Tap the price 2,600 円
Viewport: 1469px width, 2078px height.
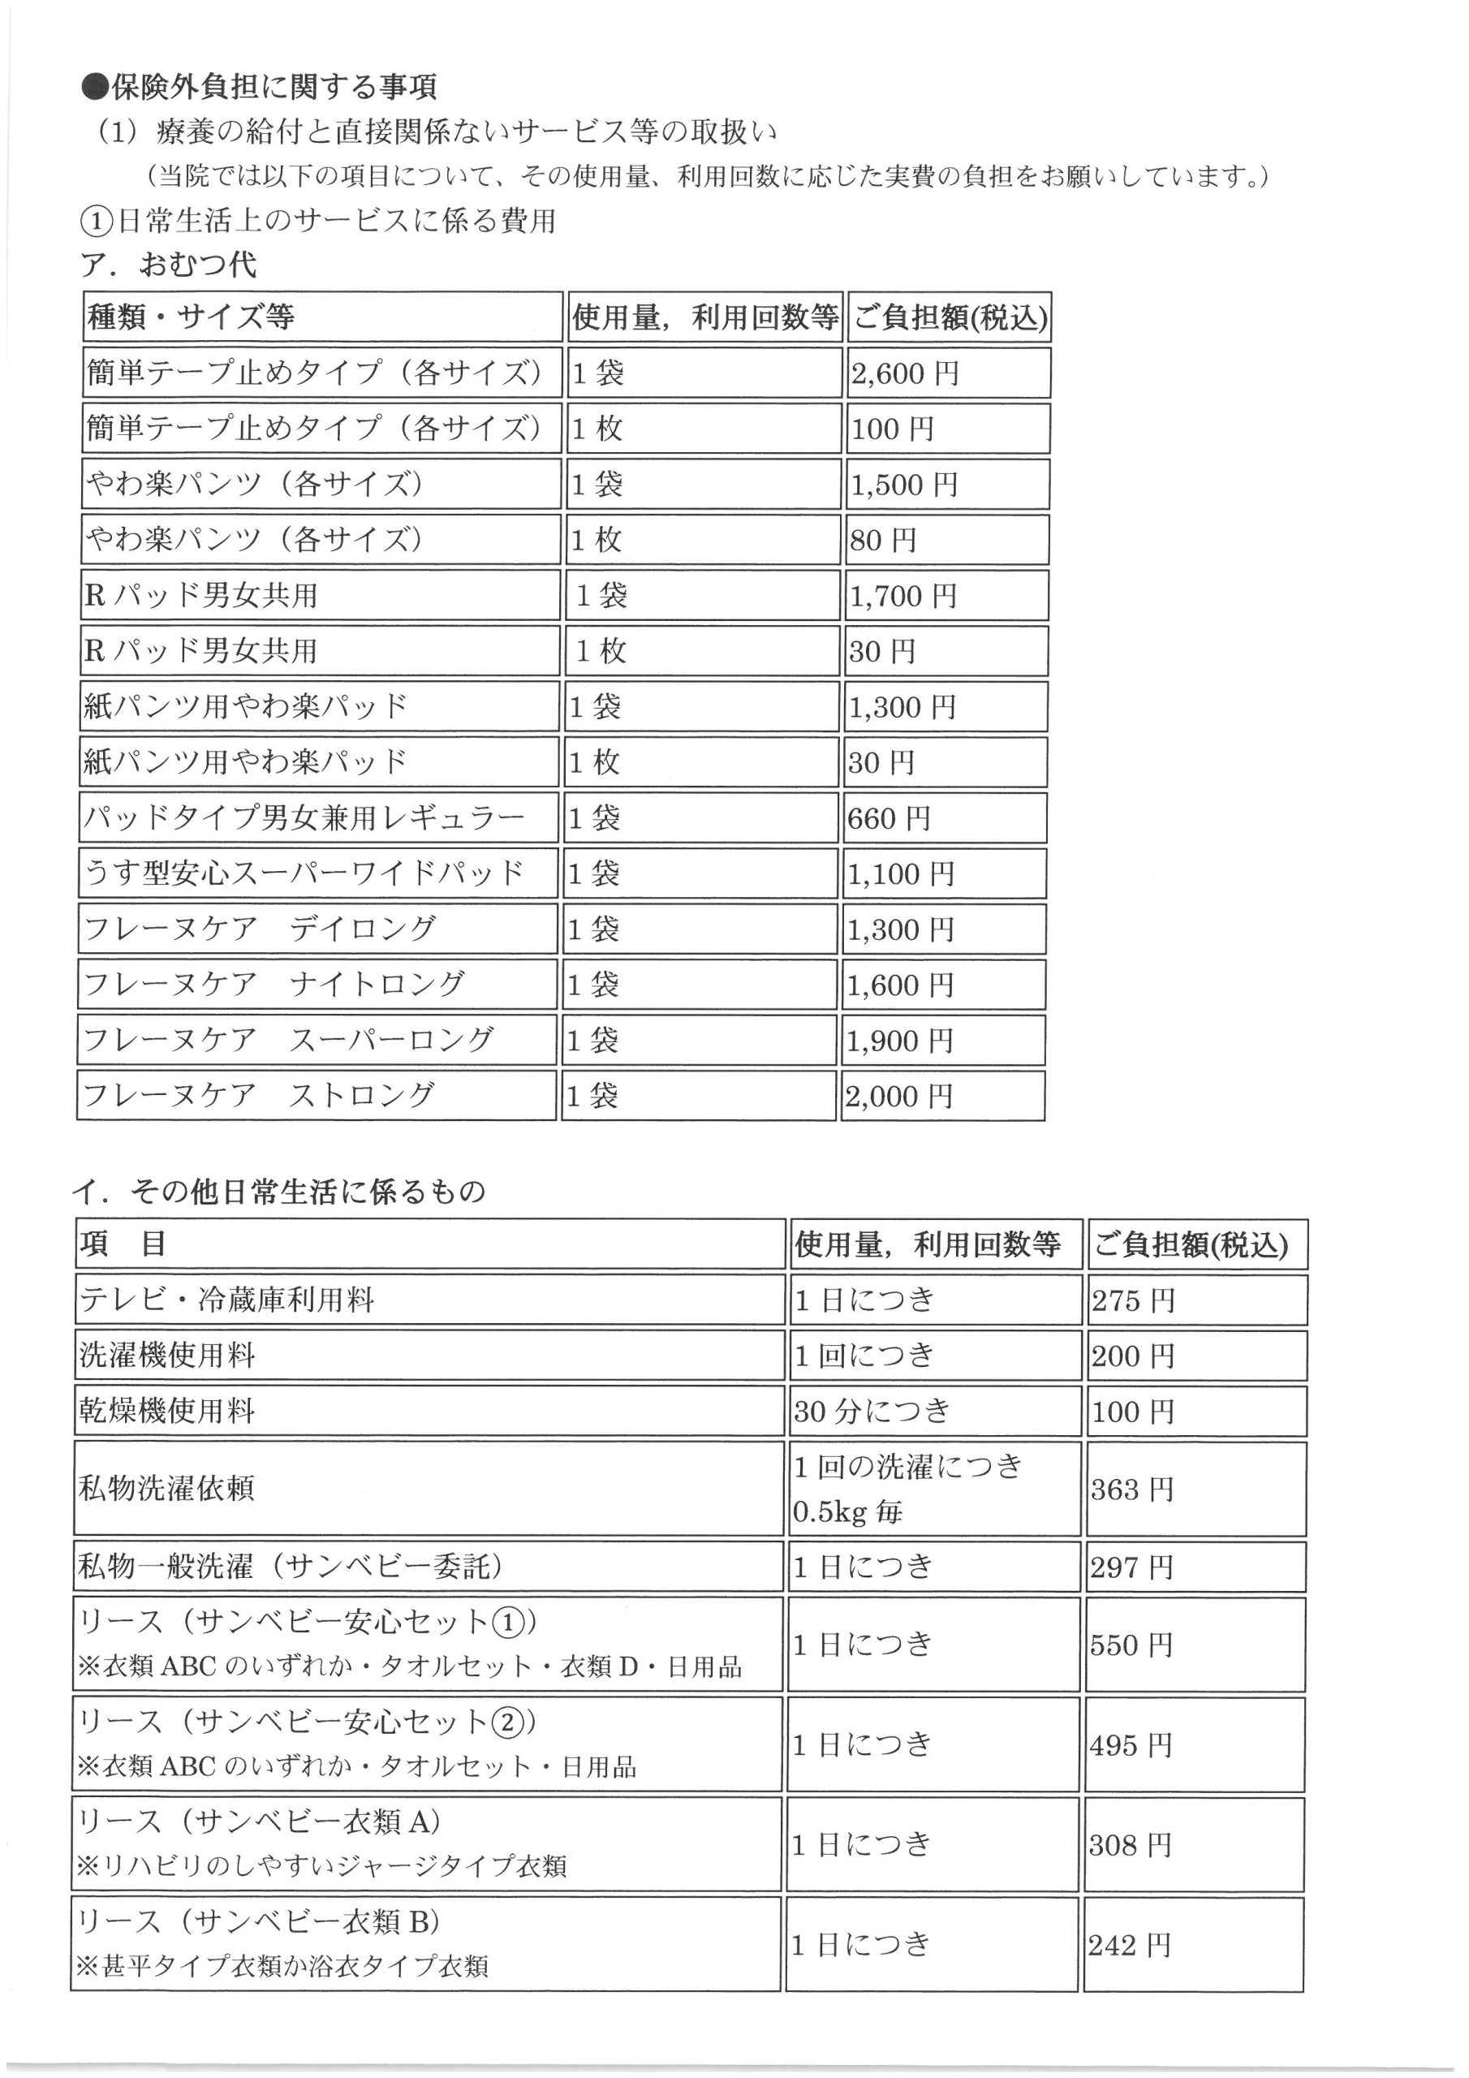(904, 373)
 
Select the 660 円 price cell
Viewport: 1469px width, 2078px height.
(889, 818)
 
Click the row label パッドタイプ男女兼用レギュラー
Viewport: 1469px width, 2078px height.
(304, 817)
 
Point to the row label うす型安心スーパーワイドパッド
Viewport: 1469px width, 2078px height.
(304, 873)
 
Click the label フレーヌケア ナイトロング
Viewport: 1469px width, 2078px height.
(274, 984)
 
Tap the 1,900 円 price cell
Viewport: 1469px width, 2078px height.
(900, 1041)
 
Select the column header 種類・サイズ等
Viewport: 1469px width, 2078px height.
(191, 317)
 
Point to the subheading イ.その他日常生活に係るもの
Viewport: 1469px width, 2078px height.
(280, 1191)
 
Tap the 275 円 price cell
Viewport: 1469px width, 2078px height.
(1133, 1300)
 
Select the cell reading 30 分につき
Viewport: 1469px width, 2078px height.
(872, 1411)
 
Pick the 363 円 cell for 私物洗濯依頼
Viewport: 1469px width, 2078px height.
(1132, 1489)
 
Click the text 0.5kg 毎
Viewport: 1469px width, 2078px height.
(848, 1511)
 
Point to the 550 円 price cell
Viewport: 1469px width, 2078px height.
(1131, 1645)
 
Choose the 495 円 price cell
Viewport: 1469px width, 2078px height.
(1131, 1745)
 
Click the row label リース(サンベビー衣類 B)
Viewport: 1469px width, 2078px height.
(260, 1921)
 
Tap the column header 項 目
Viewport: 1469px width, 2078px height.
(123, 1244)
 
